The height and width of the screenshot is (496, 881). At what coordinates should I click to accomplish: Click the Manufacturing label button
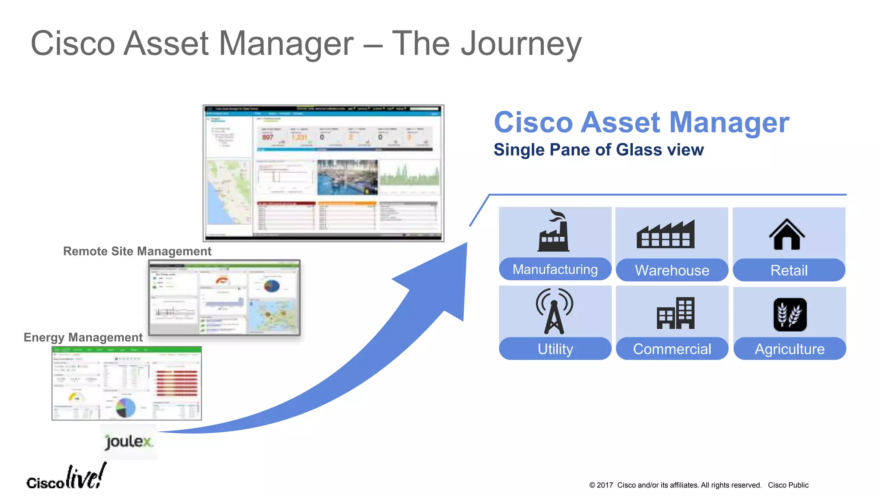click(555, 269)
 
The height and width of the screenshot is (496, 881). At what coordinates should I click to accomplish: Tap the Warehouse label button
click(672, 270)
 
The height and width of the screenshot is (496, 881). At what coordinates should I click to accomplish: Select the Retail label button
click(789, 270)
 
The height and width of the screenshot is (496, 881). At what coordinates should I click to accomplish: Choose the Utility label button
click(555, 348)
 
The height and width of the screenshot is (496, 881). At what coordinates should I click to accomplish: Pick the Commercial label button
click(672, 348)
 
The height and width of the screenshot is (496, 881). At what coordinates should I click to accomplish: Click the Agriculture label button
click(789, 348)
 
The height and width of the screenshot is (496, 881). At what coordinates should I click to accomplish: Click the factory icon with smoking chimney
click(554, 231)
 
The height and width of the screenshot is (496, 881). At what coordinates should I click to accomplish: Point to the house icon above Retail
click(787, 235)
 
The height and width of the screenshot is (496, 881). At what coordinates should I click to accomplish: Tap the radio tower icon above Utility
click(554, 311)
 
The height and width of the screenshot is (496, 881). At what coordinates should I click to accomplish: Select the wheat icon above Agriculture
click(790, 315)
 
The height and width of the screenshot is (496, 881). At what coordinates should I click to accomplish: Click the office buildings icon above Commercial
click(675, 313)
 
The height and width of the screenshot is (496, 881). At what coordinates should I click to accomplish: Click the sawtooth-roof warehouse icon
click(665, 235)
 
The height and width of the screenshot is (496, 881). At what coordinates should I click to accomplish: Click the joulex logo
click(129, 442)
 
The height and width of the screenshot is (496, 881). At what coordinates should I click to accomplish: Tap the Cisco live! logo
click(66, 478)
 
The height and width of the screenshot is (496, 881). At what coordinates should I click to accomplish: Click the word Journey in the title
click(521, 43)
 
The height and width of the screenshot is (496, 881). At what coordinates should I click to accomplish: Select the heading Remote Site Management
click(137, 251)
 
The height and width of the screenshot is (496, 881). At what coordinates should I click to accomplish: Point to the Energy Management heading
click(83, 337)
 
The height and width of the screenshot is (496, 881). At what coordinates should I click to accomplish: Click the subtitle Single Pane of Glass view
click(598, 150)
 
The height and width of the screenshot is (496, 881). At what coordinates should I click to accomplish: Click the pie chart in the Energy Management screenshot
click(125, 407)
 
